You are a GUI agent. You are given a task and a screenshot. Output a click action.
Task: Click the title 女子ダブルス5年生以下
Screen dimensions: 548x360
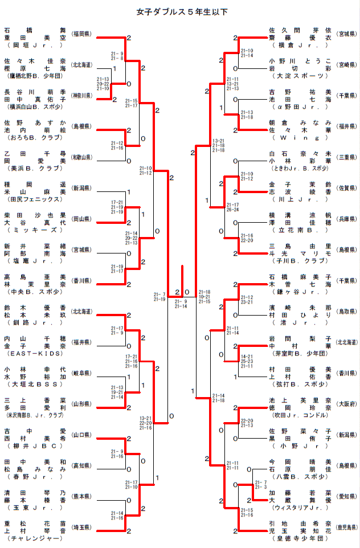pyautogui.click(x=179, y=11)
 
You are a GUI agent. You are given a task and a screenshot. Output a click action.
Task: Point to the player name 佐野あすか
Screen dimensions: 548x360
pyautogui.click(x=35, y=122)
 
